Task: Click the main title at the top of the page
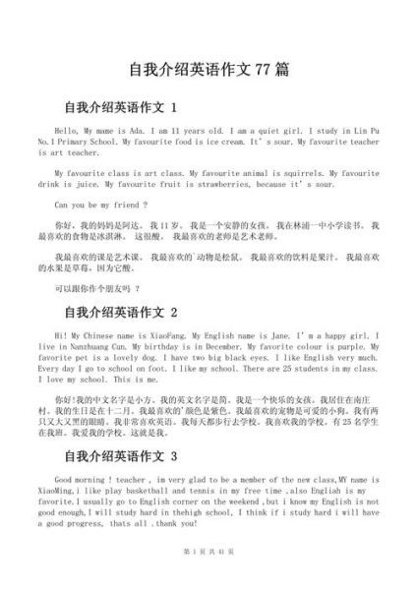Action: (x=208, y=71)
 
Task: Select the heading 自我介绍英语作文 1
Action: (x=120, y=106)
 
